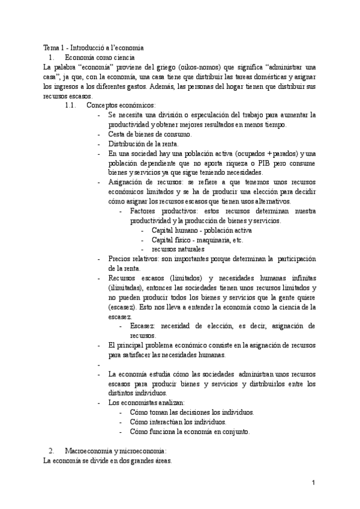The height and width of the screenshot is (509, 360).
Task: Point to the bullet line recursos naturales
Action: point(178,249)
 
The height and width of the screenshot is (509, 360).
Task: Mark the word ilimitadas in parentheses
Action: point(124,288)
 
